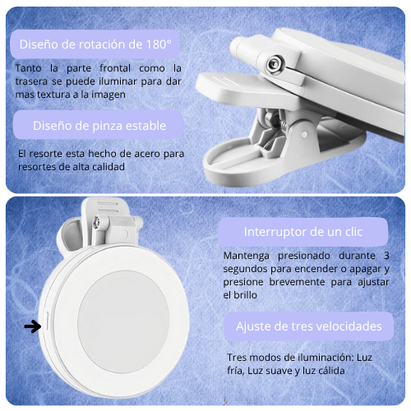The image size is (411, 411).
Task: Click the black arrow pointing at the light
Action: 33,326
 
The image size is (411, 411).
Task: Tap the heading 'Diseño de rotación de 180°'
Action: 95,44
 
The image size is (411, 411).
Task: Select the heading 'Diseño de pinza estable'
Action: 99,126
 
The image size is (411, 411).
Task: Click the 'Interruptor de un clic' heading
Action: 303,232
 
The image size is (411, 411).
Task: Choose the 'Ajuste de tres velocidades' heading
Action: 309,326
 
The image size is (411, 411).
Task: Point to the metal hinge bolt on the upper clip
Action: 274,64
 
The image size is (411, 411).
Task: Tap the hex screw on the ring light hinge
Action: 96,221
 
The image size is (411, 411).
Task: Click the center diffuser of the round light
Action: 123,322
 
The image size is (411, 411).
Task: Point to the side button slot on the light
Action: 47,321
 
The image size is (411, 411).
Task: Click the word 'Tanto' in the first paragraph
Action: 28,68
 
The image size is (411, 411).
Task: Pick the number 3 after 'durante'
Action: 386,256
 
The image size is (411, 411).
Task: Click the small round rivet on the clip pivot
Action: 304,135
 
